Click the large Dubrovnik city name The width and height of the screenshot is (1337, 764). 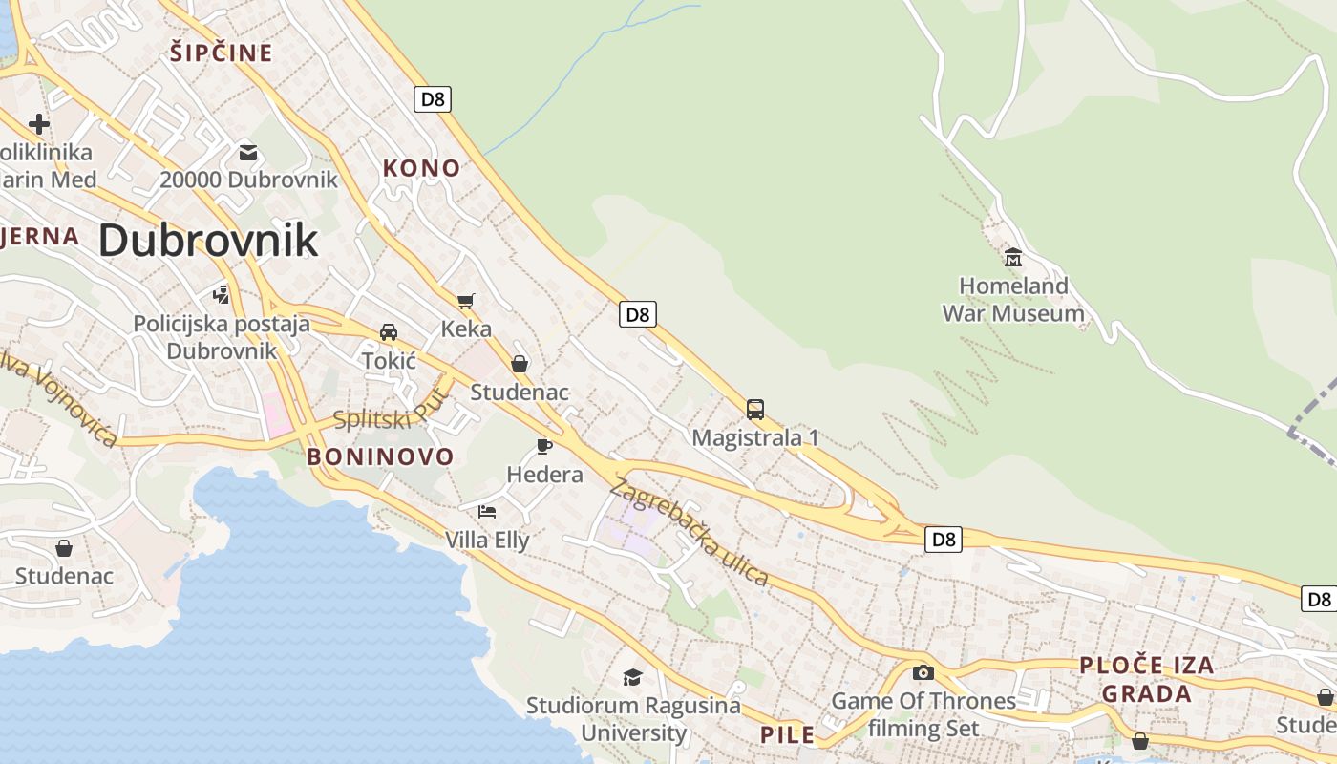coord(208,240)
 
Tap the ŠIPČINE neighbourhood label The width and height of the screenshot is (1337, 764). coord(222,53)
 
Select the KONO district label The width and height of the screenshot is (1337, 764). coord(421,168)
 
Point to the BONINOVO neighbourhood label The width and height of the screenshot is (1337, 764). coord(380,456)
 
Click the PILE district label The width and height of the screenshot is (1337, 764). coord(788,734)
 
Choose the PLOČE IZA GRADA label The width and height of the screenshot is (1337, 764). coord(1147,679)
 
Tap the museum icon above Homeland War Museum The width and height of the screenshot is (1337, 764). coord(1013,258)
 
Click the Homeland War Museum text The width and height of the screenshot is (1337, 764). coord(1013,299)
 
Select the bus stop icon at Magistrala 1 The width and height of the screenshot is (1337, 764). coord(755,410)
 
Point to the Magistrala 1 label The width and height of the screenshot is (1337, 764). coord(755,437)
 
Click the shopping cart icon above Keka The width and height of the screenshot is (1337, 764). coord(466,302)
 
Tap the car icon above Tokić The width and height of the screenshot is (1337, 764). coord(389,332)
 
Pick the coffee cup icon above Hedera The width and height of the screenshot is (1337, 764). coord(544,446)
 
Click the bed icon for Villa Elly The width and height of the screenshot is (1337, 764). coord(487,512)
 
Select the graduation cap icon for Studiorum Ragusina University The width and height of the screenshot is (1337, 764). coord(632,677)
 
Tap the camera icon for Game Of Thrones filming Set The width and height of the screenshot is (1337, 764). coord(923,672)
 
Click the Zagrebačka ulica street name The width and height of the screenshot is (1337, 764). coord(689,532)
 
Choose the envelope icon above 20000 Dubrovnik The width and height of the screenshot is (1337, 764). coord(248,152)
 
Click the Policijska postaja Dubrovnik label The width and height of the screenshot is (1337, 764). coord(222,337)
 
